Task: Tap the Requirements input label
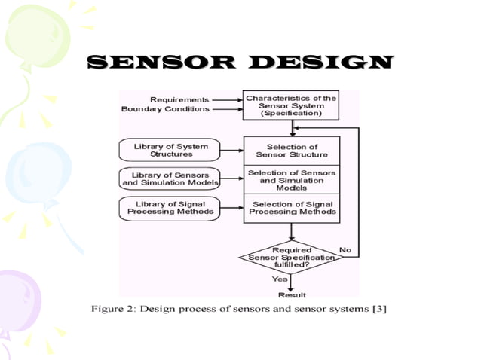[179, 99]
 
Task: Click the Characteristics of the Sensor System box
[291, 105]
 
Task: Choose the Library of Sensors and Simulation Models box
[170, 178]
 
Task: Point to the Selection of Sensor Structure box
[291, 150]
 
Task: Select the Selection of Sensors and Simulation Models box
[291, 178]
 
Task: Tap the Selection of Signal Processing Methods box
[291, 208]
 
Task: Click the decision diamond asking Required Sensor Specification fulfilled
[291, 257]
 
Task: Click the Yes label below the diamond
[278, 279]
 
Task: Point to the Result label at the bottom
[292, 294]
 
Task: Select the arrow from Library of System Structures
[231, 149]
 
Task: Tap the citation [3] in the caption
[378, 310]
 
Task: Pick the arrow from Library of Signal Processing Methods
[231, 208]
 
